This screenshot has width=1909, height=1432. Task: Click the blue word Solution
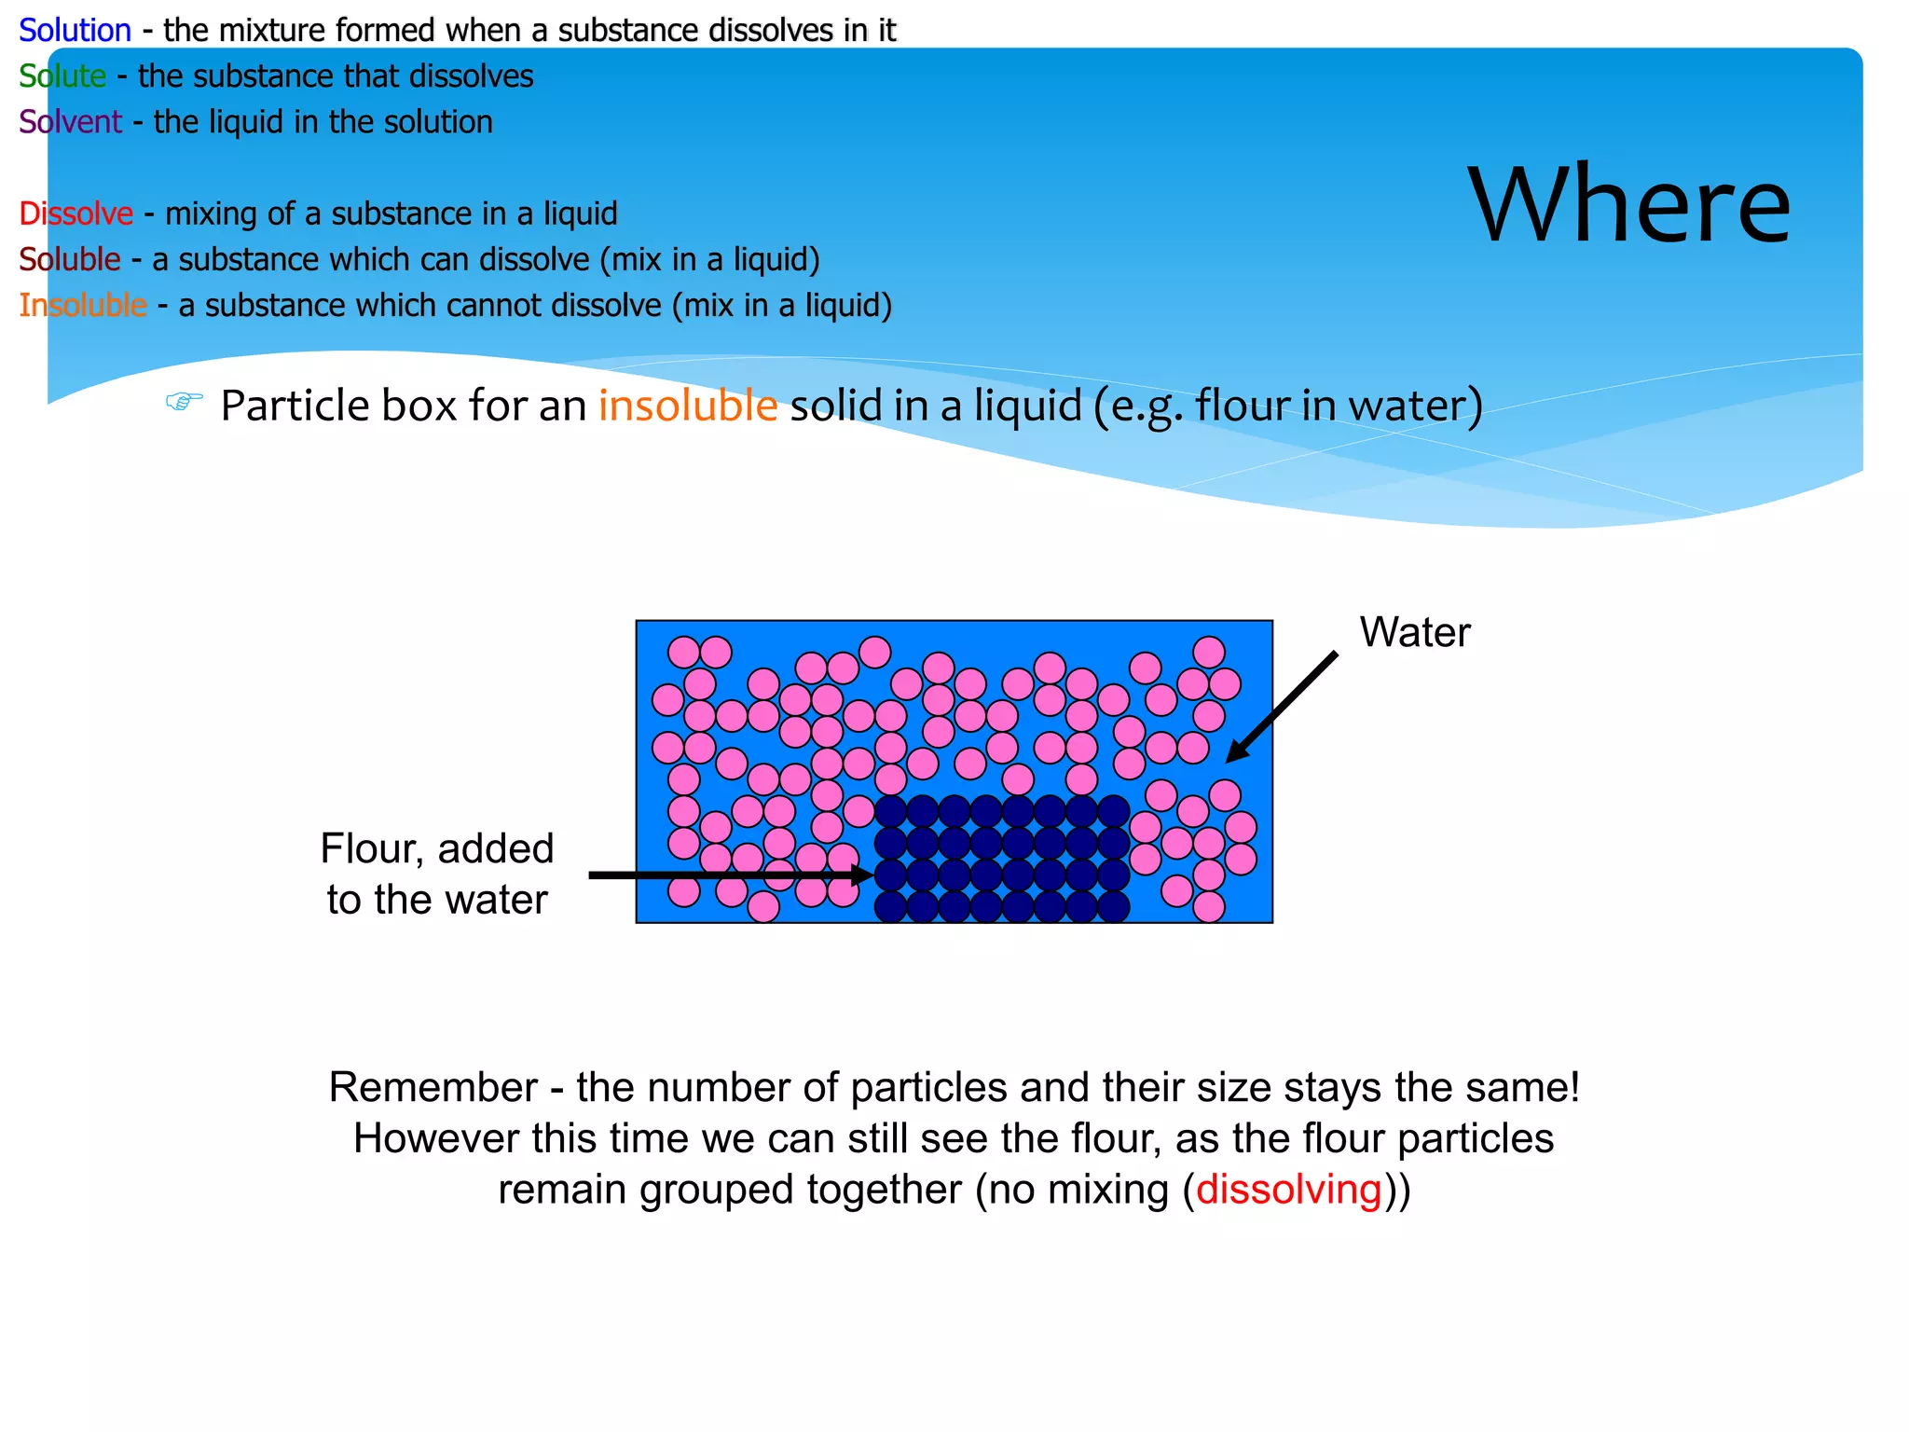coord(75,31)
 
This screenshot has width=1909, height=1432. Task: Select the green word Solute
coord(62,76)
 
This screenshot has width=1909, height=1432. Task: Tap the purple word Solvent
coord(70,122)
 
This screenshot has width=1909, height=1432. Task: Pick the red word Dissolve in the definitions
coord(76,213)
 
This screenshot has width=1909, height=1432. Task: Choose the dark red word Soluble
coord(70,259)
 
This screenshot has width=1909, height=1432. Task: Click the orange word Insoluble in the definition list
coord(83,305)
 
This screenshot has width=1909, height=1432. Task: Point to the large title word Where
coord(1628,205)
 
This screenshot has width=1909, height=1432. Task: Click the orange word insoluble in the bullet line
coord(688,406)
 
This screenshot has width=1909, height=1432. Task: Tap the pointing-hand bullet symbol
coord(184,402)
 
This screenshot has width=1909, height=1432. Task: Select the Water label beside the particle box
coord(1414,632)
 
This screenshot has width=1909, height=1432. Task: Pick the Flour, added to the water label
coord(437,874)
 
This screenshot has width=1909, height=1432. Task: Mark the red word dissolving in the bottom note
coord(1288,1190)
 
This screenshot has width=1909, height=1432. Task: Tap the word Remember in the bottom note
coord(433,1088)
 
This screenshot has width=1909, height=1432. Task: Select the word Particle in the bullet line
coord(295,406)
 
